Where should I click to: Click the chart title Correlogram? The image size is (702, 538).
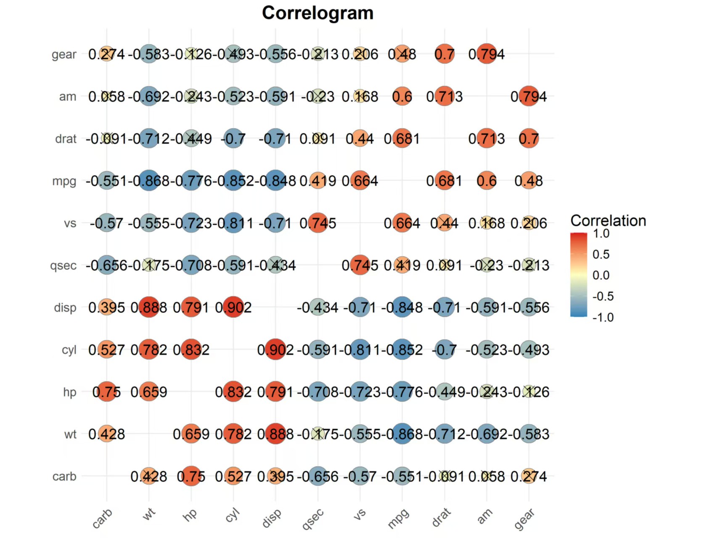(318, 13)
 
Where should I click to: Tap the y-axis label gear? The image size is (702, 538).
(64, 55)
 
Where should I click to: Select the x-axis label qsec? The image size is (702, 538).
(313, 518)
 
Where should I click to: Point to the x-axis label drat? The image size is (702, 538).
(441, 517)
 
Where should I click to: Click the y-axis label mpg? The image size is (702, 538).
(64, 181)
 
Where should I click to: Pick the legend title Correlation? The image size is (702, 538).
(608, 221)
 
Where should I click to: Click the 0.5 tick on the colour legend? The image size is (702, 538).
(601, 254)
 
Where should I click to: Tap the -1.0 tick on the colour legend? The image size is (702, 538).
(603, 318)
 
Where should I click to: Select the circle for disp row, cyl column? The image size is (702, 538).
(233, 307)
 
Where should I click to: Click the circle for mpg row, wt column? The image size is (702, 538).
(149, 181)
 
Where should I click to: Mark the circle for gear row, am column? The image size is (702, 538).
(487, 54)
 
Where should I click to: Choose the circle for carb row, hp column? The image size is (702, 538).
(191, 476)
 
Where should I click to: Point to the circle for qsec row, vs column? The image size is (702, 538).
(360, 265)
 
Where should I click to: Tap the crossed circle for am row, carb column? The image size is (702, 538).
(107, 96)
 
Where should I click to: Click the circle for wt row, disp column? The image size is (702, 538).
(276, 434)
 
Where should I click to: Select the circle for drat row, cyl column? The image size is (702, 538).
(233, 139)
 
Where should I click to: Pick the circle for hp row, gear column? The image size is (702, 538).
(529, 392)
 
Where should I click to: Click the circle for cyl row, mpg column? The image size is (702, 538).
(402, 350)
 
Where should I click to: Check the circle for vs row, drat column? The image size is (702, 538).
(445, 223)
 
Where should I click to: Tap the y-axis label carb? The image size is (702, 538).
(64, 477)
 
